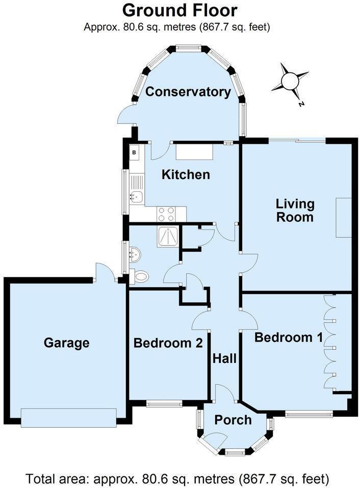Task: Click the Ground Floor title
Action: pyautogui.click(x=179, y=10)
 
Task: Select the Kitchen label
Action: pyautogui.click(x=186, y=175)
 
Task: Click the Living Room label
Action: pyautogui.click(x=295, y=211)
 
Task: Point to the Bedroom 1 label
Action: pyautogui.click(x=284, y=337)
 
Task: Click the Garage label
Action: pyautogui.click(x=66, y=343)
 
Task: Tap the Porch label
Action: pyautogui.click(x=233, y=420)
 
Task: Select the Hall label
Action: pyautogui.click(x=224, y=358)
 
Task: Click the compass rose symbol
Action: pyautogui.click(x=290, y=81)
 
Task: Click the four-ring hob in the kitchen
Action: pyautogui.click(x=166, y=214)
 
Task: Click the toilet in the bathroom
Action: pyautogui.click(x=140, y=277)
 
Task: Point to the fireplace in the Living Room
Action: pyautogui.click(x=343, y=217)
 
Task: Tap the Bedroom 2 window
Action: pyautogui.click(x=164, y=404)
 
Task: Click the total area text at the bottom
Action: pyautogui.click(x=177, y=479)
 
